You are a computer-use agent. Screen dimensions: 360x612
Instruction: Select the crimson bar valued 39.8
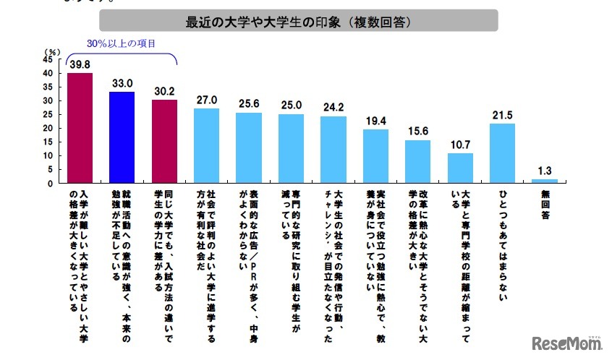pos(80,128)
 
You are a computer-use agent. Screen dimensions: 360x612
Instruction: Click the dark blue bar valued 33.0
pos(122,137)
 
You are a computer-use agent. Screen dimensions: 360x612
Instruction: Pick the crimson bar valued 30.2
pos(164,141)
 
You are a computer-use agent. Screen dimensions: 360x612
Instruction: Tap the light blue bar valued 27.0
pos(206,145)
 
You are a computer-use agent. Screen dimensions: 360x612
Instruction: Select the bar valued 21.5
pos(502,153)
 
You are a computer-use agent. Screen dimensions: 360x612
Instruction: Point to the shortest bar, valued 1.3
pos(545,181)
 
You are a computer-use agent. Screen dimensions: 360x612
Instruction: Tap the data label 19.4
pos(375,121)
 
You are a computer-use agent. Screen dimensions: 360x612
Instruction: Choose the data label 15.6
pos(417,132)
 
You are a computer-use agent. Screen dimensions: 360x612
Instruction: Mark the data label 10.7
pos(460,145)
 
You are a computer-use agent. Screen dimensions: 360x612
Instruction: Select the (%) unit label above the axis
pos(51,51)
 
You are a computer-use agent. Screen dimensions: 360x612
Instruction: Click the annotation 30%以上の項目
pos(121,43)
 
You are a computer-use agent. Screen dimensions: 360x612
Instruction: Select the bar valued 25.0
pos(291,148)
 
